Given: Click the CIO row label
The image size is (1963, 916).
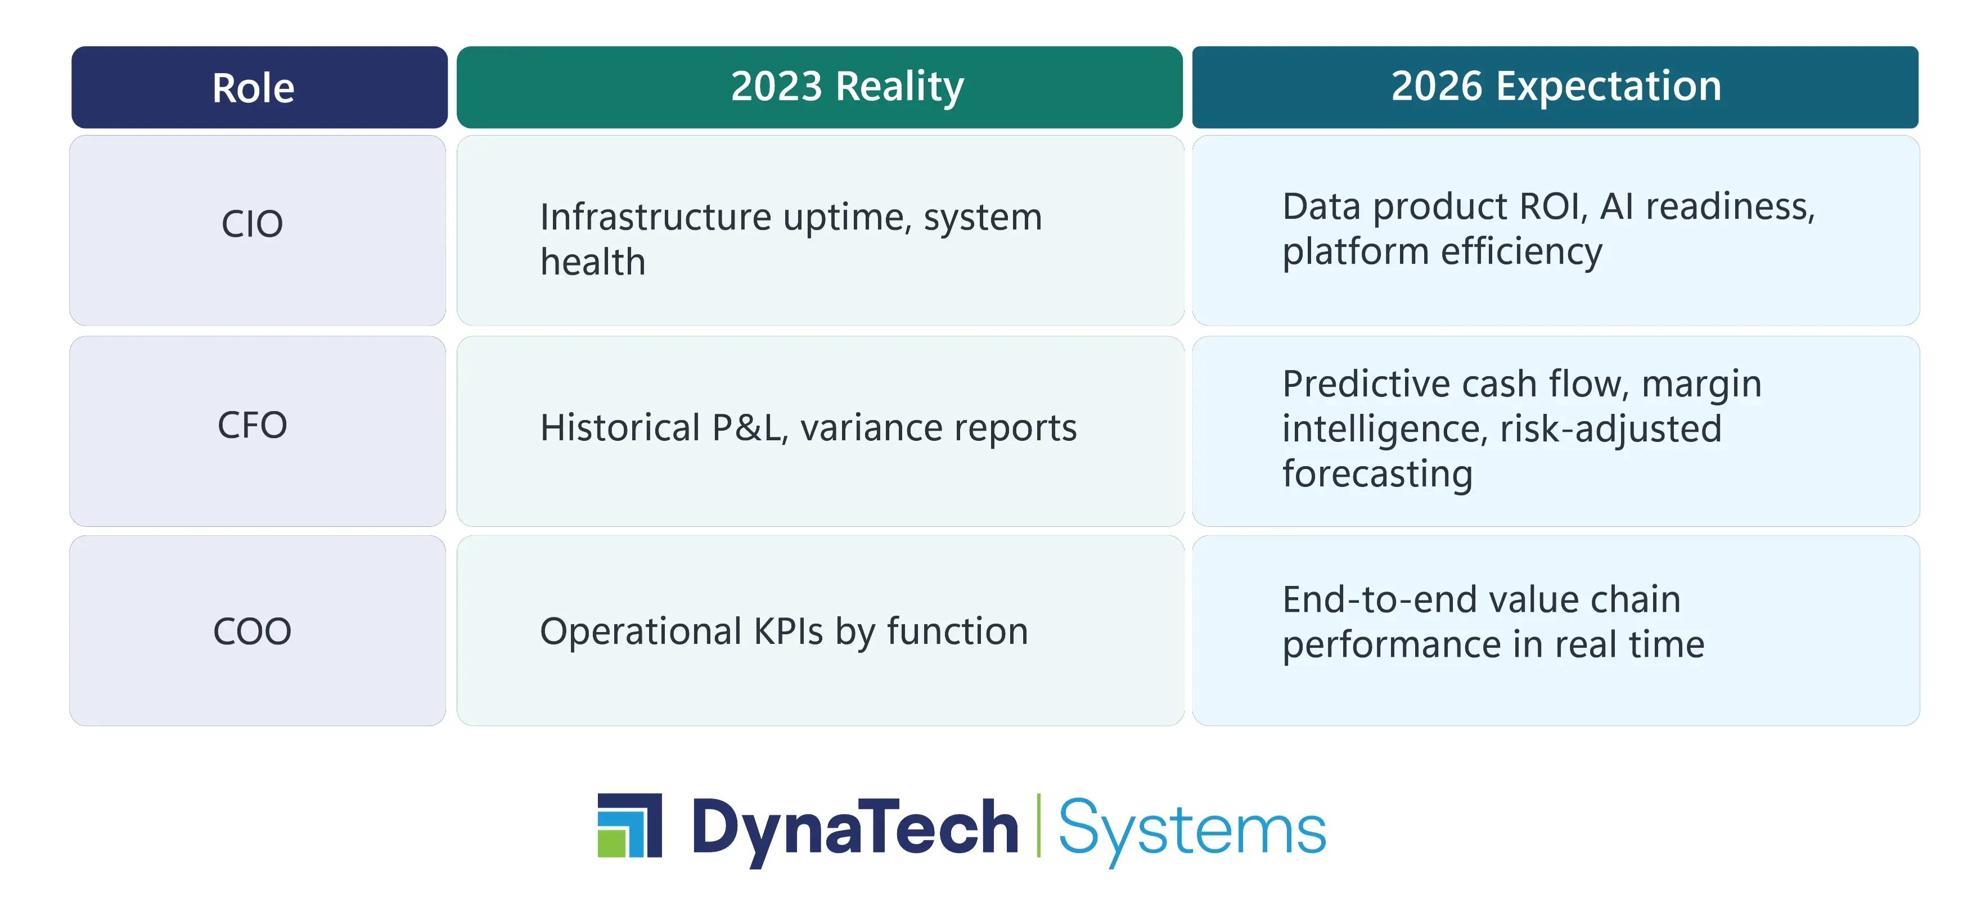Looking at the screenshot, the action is [252, 224].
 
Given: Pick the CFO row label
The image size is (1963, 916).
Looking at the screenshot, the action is [252, 425].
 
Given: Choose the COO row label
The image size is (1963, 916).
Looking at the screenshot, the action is [252, 631].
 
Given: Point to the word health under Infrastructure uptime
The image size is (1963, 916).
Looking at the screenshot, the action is [593, 262].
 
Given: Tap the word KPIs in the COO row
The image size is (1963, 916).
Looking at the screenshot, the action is [789, 631].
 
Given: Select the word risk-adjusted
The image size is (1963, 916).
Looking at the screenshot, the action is [1610, 430].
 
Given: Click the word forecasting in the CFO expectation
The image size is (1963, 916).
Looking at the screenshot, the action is [1377, 475].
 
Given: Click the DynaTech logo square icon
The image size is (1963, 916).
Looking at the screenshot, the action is [629, 825].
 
